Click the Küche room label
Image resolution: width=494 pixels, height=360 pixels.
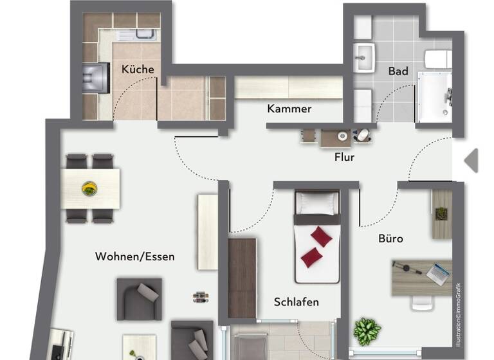[137, 69]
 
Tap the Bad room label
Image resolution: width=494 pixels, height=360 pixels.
[398, 71]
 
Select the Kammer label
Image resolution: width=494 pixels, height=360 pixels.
[289, 109]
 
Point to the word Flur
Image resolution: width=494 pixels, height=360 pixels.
[344, 156]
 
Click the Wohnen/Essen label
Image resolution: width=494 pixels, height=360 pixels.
[135, 256]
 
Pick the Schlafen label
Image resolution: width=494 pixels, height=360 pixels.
[296, 301]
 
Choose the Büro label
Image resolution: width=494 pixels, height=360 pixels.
[390, 239]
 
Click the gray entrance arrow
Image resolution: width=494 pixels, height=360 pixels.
[471, 161]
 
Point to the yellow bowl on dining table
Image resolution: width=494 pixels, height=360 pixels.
[89, 188]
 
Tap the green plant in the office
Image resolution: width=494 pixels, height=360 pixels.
[367, 331]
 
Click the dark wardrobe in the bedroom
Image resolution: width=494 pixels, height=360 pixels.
[242, 277]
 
